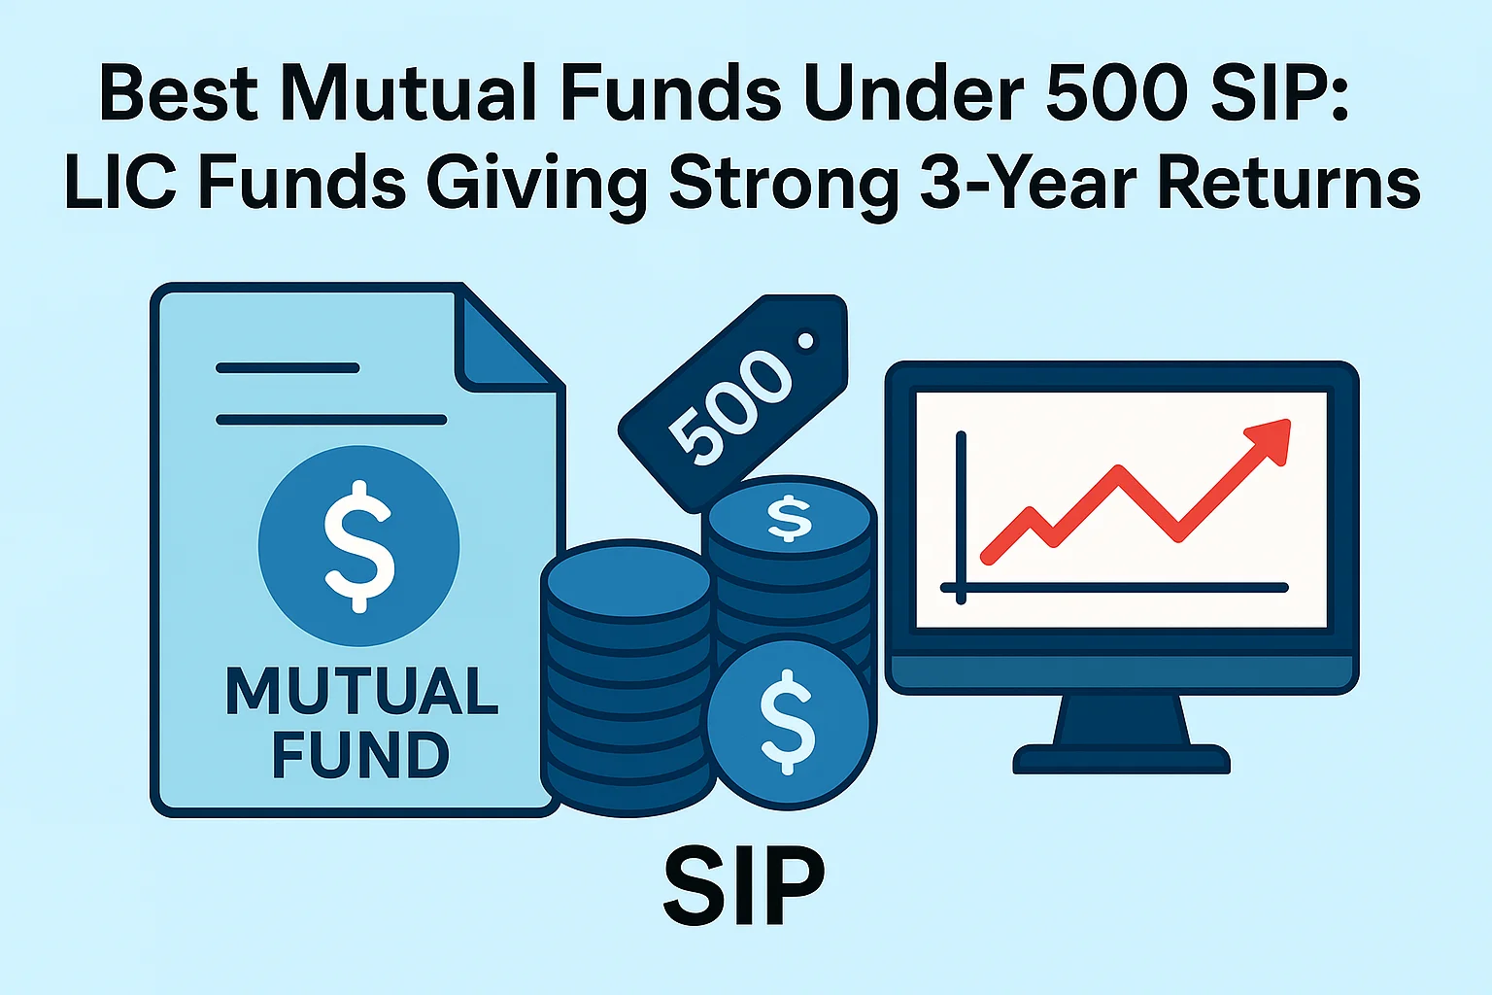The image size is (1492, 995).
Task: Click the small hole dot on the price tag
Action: pyautogui.click(x=804, y=341)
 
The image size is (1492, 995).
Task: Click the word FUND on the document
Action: pyautogui.click(x=359, y=755)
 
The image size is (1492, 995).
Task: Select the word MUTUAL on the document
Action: pyautogui.click(x=361, y=691)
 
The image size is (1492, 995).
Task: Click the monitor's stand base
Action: pyautogui.click(x=1121, y=757)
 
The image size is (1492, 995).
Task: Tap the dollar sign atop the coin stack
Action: pyautogui.click(x=789, y=517)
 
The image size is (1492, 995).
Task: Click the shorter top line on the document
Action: pyautogui.click(x=288, y=368)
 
